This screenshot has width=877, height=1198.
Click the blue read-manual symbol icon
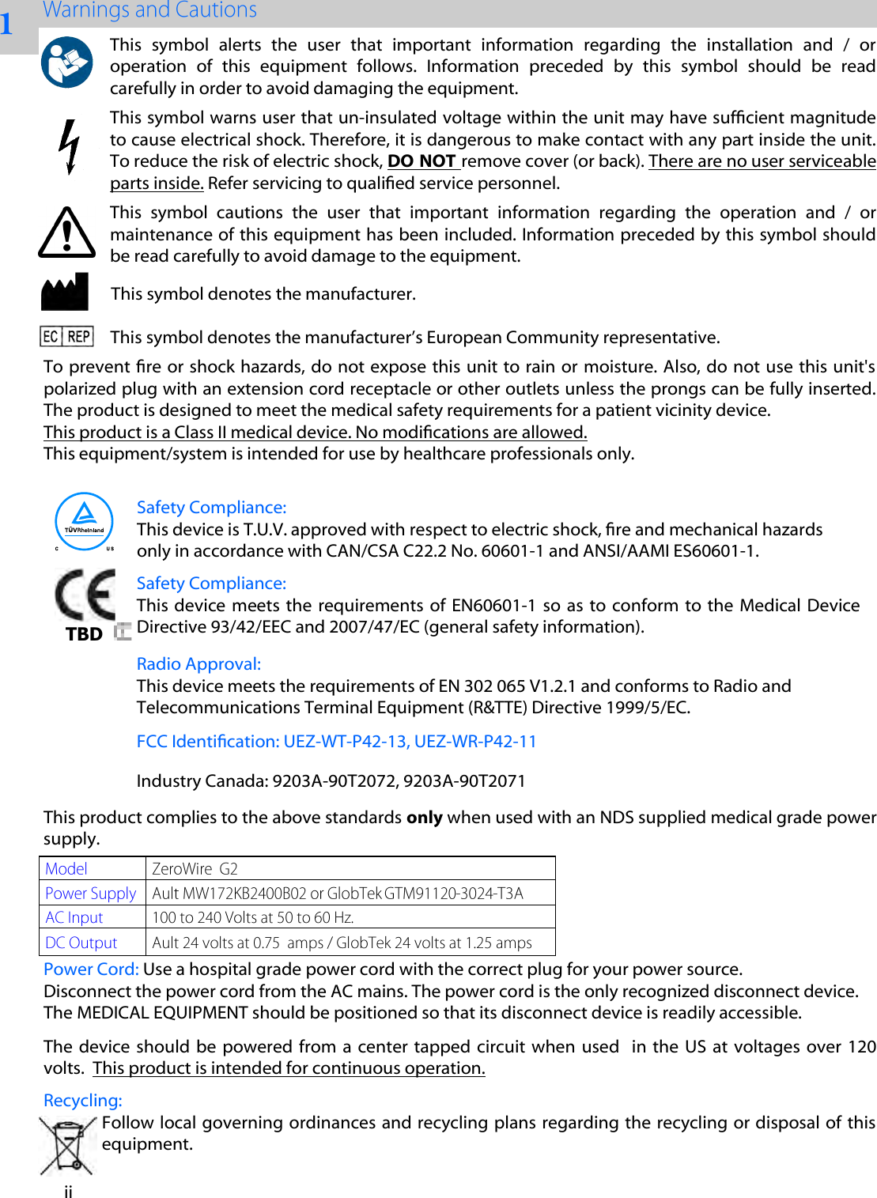pyautogui.click(x=66, y=62)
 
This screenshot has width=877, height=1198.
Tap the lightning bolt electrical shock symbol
pyautogui.click(x=70, y=147)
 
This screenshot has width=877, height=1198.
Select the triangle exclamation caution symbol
pyautogui.click(x=67, y=233)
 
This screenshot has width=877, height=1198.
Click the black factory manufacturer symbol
pyautogui.click(x=65, y=293)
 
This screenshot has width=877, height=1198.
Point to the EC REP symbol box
pyautogui.click(x=66, y=337)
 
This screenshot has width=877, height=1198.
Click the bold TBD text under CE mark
pyautogui.click(x=84, y=634)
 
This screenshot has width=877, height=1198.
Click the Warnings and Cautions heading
pyautogui.click(x=149, y=10)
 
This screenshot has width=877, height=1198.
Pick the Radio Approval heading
pyautogui.click(x=198, y=664)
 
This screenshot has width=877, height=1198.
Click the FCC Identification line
pyautogui.click(x=336, y=742)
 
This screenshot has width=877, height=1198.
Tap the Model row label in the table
pyautogui.click(x=66, y=869)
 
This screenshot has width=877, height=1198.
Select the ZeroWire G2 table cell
pyautogui.click(x=195, y=869)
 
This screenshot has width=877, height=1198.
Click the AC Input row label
pyautogui.click(x=74, y=918)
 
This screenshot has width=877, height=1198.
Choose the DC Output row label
pyautogui.click(x=81, y=943)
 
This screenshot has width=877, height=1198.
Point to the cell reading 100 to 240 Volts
pyautogui.click(x=252, y=918)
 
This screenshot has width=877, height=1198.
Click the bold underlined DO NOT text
pyautogui.click(x=422, y=161)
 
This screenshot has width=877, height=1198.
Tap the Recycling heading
pyautogui.click(x=83, y=1101)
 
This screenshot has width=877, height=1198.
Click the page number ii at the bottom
pyautogui.click(x=69, y=1192)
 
